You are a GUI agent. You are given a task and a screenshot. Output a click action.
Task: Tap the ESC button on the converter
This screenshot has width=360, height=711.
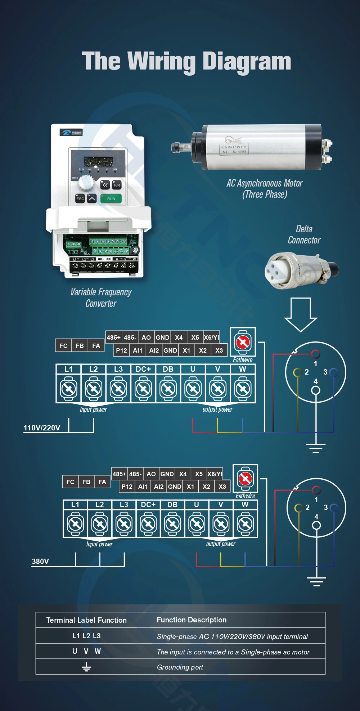[x=80, y=198]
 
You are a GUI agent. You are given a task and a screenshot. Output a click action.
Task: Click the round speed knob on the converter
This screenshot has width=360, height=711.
[x=86, y=183]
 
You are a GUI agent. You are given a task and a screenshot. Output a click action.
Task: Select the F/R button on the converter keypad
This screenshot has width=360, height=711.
[x=117, y=185]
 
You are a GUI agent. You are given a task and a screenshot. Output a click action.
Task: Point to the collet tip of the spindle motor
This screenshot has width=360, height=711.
[x=176, y=147]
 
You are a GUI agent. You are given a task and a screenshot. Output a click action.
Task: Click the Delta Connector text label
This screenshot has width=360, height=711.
[x=304, y=234]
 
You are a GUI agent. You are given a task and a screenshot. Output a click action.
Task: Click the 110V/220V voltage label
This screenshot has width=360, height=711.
[x=42, y=428]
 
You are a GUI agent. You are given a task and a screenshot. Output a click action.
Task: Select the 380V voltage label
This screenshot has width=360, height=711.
[x=40, y=562]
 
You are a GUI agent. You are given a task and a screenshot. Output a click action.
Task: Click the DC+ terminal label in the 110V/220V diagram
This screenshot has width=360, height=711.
[x=143, y=369]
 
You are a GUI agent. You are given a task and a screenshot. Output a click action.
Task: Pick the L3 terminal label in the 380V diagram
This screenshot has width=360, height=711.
[x=124, y=505]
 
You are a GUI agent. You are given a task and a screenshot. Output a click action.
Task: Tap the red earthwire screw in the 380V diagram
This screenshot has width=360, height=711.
[x=246, y=479]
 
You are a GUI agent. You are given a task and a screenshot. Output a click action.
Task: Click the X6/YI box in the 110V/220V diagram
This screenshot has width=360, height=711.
[x=211, y=337]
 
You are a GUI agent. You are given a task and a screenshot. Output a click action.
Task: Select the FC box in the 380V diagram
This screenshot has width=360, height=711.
[x=70, y=482]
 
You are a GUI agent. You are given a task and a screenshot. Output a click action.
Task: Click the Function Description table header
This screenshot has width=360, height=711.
[x=192, y=620]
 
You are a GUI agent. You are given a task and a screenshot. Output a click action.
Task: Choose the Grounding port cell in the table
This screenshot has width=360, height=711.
[x=180, y=667]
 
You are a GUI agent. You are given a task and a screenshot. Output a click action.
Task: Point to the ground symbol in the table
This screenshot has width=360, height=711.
[x=86, y=667]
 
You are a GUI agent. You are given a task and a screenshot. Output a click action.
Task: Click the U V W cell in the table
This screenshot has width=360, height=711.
[x=86, y=651]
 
